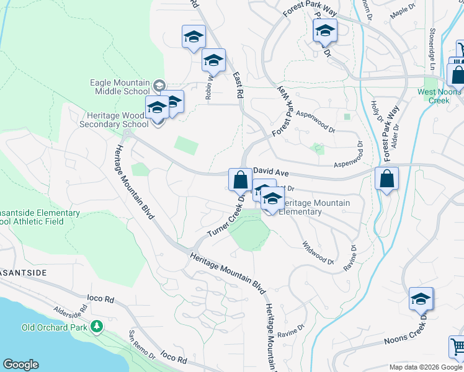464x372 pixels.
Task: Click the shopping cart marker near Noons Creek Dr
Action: click(457, 347)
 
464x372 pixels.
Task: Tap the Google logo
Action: click(20, 365)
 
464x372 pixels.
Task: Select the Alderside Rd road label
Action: click(69, 312)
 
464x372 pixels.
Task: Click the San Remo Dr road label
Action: click(142, 345)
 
